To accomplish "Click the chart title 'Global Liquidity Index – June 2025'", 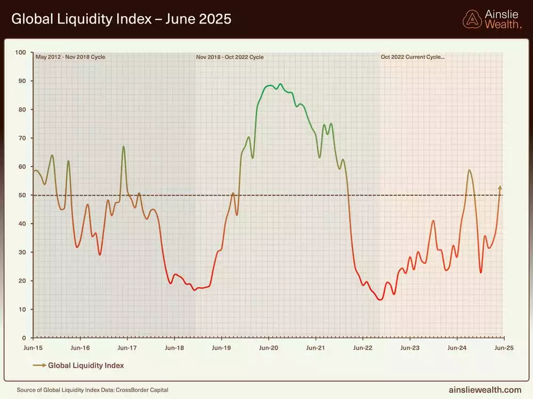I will click(121, 19).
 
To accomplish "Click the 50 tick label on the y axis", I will click(22, 195).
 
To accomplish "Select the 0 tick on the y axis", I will click(24, 338).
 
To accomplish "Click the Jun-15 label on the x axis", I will click(33, 347).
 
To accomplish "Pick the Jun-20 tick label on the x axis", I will click(268, 347).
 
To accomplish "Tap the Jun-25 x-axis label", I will click(504, 347).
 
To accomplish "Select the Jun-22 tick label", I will click(362, 347).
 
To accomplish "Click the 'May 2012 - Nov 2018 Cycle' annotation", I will click(70, 57).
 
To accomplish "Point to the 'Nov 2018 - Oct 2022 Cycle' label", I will click(230, 57).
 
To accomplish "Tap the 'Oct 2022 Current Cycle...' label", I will click(412, 57).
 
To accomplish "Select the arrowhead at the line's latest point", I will click(500, 187).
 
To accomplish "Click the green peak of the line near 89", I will click(280, 84).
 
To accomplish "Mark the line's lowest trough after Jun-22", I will click(380, 300).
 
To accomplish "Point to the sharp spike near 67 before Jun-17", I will click(124, 147).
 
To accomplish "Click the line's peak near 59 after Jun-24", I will click(469, 170).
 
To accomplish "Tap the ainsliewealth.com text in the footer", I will click(485, 390).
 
